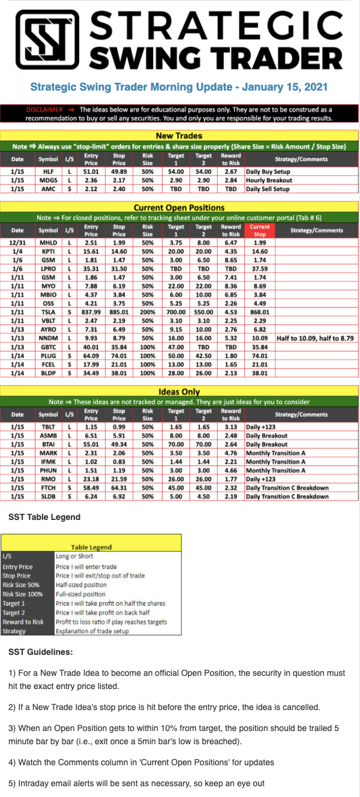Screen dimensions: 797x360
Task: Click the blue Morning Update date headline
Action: tap(179, 87)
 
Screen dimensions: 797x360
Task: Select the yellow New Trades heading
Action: tap(179, 136)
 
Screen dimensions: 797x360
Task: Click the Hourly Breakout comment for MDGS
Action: tap(269, 180)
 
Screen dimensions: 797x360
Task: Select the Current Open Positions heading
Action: tap(179, 208)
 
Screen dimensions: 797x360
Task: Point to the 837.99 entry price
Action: tap(91, 311)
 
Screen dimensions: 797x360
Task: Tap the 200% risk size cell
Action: tap(148, 311)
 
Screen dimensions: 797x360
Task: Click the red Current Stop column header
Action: tap(260, 230)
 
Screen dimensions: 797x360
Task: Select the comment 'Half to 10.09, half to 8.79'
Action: tap(315, 338)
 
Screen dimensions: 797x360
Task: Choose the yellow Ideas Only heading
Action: tap(179, 392)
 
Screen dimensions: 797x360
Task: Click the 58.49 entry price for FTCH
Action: tap(91, 488)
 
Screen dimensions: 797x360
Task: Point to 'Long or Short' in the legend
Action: tap(74, 556)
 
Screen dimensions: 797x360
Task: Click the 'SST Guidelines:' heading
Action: tap(41, 651)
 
